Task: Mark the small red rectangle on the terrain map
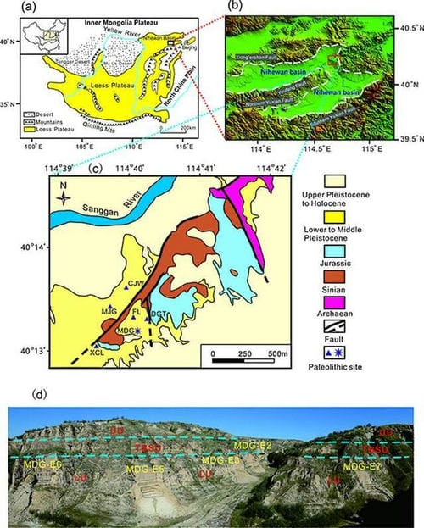pos(332,58)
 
